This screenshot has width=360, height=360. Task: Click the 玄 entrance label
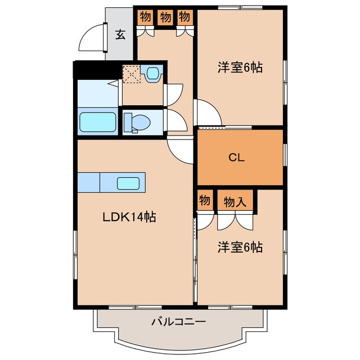[120, 34]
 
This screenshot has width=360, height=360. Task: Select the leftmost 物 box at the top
[145, 17]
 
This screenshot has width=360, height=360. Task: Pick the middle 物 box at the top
[165, 17]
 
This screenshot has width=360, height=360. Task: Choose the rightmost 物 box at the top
[184, 17]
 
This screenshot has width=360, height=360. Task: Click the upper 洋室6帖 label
[240, 68]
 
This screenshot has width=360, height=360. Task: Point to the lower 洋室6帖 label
[240, 246]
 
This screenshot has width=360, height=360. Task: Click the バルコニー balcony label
[179, 322]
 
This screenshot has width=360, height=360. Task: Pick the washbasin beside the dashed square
[152, 74]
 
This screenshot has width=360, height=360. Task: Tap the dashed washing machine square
[132, 74]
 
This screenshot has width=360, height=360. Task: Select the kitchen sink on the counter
[129, 183]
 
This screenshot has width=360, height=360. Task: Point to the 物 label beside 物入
[205, 200]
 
